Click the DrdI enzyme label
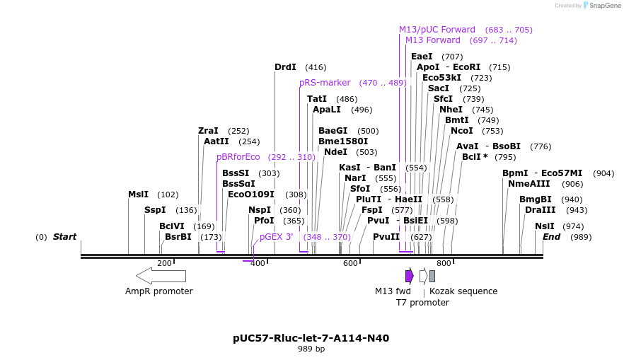[x=285, y=67]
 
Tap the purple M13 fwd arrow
[x=409, y=275]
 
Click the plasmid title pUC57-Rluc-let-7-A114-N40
[x=311, y=338]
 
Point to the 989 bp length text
[x=311, y=349]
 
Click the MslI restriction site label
[x=138, y=194]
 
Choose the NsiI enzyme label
[x=544, y=226]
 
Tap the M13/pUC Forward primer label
[x=437, y=30]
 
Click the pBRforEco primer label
[x=238, y=157]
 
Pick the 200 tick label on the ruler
[x=164, y=263]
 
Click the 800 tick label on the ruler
[x=444, y=263]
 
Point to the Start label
[x=64, y=237]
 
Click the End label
[x=551, y=237]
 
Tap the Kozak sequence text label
[x=463, y=291]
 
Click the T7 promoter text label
[x=422, y=303]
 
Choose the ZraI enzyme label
[x=208, y=131]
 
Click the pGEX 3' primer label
[x=276, y=237]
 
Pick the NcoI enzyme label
[x=461, y=131]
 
